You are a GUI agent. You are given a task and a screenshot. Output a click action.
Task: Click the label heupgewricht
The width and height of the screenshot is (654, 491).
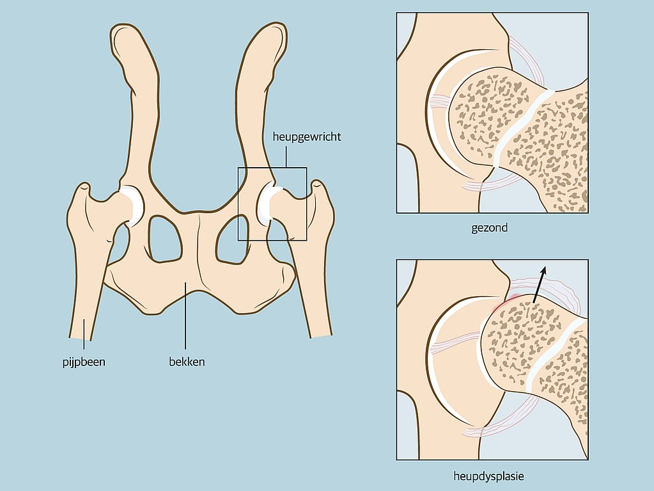(307, 137)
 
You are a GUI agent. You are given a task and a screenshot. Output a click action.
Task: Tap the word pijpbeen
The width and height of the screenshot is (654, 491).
(84, 362)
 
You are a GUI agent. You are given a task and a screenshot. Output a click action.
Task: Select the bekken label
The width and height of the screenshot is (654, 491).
(187, 362)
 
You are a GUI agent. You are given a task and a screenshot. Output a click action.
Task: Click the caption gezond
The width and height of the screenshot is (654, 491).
(490, 228)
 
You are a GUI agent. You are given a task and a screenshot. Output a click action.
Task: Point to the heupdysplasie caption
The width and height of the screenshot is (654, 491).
(488, 476)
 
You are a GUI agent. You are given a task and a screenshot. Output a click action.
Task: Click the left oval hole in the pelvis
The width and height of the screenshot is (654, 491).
(165, 239)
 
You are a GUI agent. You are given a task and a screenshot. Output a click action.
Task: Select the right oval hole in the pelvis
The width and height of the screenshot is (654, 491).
(232, 239)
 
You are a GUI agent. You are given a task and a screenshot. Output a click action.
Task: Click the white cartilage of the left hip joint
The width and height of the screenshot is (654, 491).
(134, 205)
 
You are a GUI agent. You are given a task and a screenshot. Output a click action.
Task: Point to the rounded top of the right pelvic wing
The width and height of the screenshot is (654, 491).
(271, 33)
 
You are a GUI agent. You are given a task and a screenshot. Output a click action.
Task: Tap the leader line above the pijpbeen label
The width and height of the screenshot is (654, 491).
(84, 334)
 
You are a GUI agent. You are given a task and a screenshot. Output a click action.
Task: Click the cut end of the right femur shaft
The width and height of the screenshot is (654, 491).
(321, 336)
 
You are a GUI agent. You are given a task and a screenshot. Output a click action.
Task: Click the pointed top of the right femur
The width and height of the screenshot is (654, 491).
(317, 184)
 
